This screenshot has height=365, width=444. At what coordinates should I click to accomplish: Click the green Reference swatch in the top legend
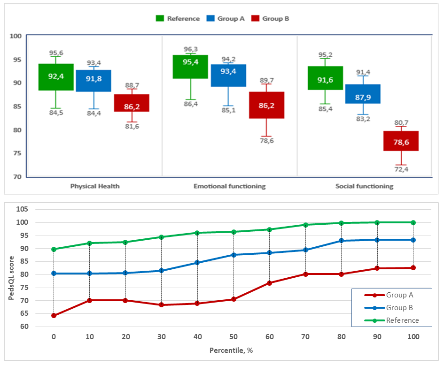160,18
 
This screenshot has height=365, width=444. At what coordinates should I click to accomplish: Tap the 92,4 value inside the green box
56,76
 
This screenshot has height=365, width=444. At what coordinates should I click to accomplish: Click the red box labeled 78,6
401,141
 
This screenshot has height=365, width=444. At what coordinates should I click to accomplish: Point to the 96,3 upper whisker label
190,49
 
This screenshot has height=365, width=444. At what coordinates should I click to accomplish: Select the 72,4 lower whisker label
401,169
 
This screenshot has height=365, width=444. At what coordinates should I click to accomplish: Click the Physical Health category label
95,186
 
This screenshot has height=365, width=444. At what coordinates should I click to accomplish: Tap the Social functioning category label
364,186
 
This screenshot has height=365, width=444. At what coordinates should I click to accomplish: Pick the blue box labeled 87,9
363,94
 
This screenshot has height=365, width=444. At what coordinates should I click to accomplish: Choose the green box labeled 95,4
190,67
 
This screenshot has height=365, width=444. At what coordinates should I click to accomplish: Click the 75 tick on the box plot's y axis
17,153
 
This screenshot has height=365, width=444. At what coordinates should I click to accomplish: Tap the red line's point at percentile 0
54,315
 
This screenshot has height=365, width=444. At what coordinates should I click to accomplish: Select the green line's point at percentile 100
413,222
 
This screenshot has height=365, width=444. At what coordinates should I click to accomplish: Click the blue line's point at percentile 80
341,241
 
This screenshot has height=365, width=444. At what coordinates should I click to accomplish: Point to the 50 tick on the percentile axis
233,336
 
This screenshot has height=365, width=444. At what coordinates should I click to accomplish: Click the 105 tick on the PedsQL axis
35,209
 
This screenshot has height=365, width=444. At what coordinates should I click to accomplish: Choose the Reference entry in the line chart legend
402,320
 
